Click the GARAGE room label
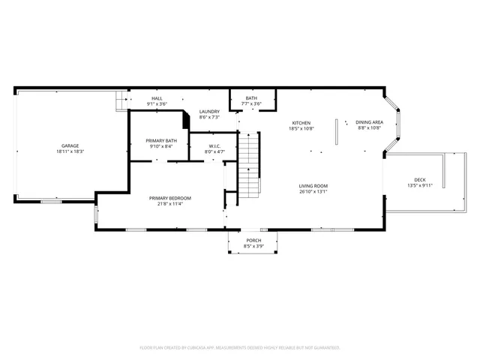coord(70,145)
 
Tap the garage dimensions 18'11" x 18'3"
coord(70,152)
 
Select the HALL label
coord(157,98)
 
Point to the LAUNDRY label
coord(209,112)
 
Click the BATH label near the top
coord(251,98)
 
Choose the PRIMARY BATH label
coord(161,140)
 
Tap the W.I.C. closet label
coord(214,145)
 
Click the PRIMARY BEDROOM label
coord(169,198)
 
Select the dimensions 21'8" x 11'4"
coord(169,204)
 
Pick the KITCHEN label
coord(301,122)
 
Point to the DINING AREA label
coord(370,122)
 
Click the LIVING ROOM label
coord(313,185)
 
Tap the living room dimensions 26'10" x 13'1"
coord(313,191)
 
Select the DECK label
coord(420,179)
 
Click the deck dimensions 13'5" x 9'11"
coord(420,185)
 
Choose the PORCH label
coord(253,240)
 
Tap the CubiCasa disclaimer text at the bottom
coord(240,347)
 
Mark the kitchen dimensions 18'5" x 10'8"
coord(301,128)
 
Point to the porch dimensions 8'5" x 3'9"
coord(253,246)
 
